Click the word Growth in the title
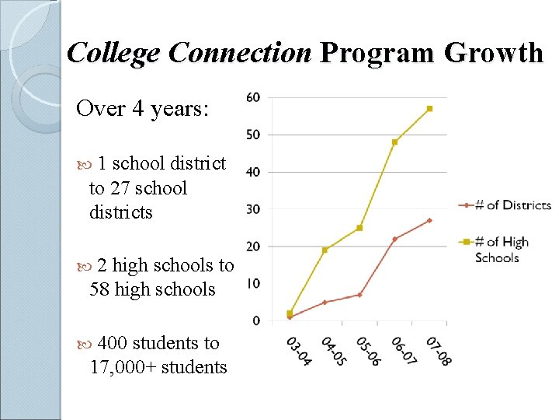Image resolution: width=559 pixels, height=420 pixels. [x=495, y=53]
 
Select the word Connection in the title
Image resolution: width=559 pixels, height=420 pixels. [x=240, y=53]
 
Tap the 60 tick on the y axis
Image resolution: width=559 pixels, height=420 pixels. [x=253, y=97]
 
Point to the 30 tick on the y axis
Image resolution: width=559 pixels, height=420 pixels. [x=253, y=209]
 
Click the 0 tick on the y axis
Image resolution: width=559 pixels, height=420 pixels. [x=256, y=320]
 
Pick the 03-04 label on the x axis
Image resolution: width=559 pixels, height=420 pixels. [x=299, y=352]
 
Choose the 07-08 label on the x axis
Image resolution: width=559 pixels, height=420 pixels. [x=439, y=352]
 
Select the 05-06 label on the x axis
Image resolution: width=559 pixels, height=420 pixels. [x=369, y=352]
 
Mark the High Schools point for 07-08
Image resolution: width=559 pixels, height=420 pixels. [x=429, y=108]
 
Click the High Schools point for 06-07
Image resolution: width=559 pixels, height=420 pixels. [x=394, y=142]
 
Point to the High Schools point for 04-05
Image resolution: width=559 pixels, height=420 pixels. [x=325, y=250]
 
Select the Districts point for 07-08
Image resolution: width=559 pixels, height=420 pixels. [x=429, y=220]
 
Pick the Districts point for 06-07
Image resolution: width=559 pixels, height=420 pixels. [x=394, y=239]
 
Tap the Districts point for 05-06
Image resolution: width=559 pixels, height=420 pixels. [x=359, y=295]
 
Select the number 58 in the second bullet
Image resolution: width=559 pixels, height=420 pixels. [x=99, y=289]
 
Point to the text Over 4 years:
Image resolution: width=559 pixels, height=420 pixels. [x=142, y=108]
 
